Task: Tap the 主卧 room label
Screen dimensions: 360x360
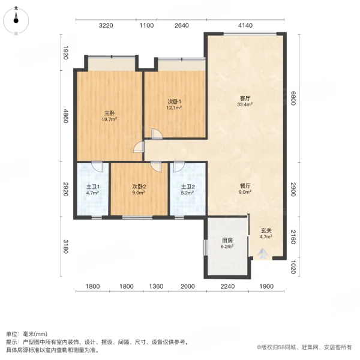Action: point(109,112)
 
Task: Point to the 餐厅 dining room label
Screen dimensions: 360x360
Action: point(245,185)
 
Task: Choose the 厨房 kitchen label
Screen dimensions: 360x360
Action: point(227,240)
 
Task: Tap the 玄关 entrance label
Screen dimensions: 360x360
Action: point(266,230)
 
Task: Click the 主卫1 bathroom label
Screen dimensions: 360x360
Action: point(92,186)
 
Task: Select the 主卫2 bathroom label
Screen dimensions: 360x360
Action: point(188,186)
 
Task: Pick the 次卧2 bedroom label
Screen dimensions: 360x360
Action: point(139,186)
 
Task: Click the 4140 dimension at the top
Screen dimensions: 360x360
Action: point(245,25)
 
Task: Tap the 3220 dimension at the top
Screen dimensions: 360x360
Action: point(106,25)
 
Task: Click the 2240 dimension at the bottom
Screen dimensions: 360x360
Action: point(227,287)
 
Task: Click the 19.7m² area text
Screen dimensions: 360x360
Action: point(109,119)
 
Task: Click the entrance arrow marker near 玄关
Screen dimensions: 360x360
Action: point(265,254)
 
